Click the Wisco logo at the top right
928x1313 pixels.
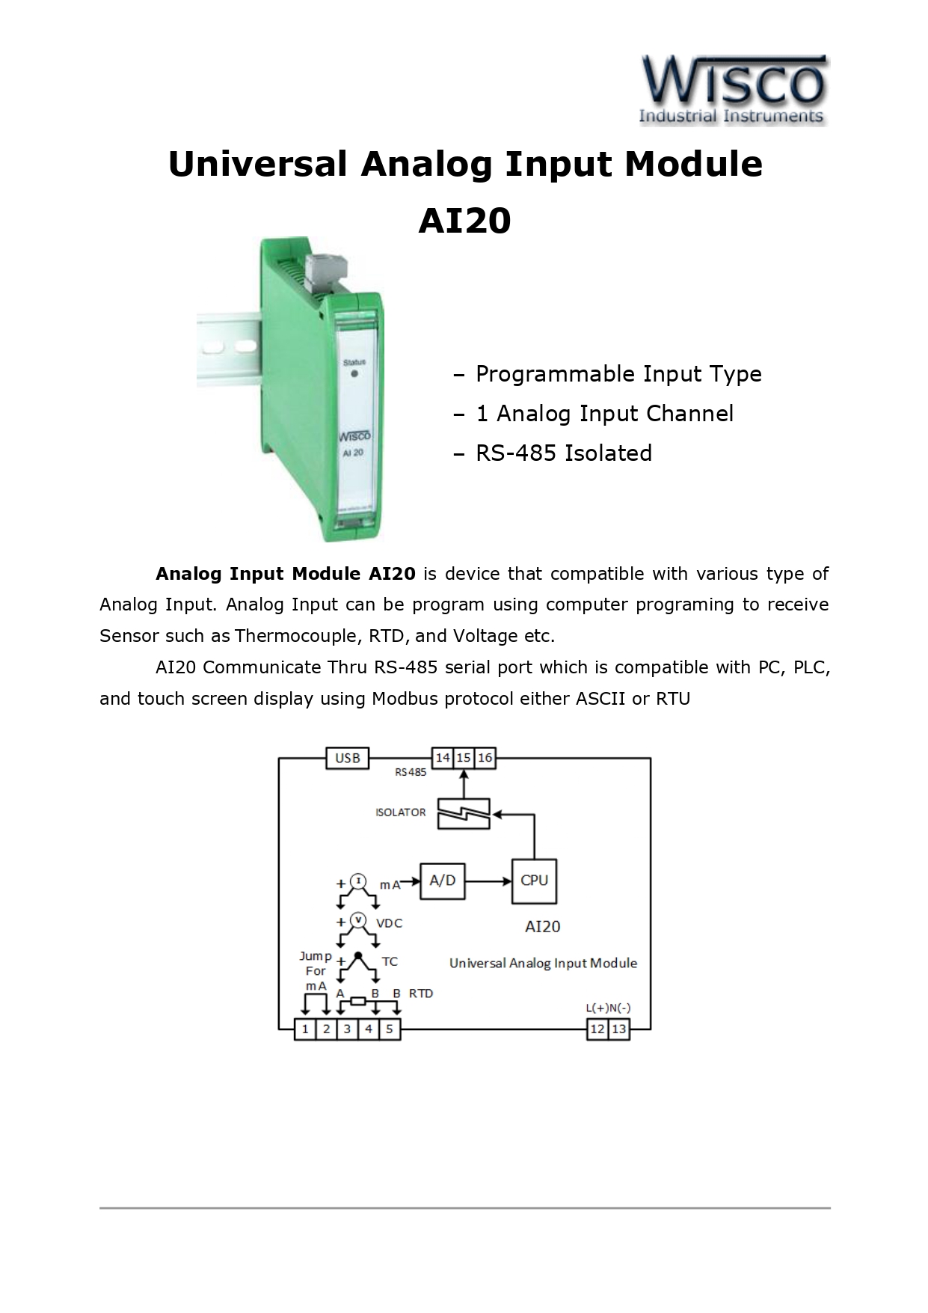click(733, 89)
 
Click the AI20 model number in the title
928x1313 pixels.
click(464, 221)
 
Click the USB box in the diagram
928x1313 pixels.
click(348, 758)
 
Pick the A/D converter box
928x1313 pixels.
click(443, 881)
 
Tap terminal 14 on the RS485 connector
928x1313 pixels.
click(443, 758)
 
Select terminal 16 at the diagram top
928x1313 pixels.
click(485, 758)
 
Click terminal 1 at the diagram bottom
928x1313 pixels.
click(305, 1029)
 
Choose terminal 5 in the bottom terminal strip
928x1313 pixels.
click(390, 1029)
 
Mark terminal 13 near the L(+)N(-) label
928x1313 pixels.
click(619, 1029)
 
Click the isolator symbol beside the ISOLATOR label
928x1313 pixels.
click(464, 813)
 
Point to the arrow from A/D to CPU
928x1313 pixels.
click(488, 881)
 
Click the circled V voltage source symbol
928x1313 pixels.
click(358, 919)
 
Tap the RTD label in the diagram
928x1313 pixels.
click(421, 994)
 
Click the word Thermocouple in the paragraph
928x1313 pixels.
click(298, 636)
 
